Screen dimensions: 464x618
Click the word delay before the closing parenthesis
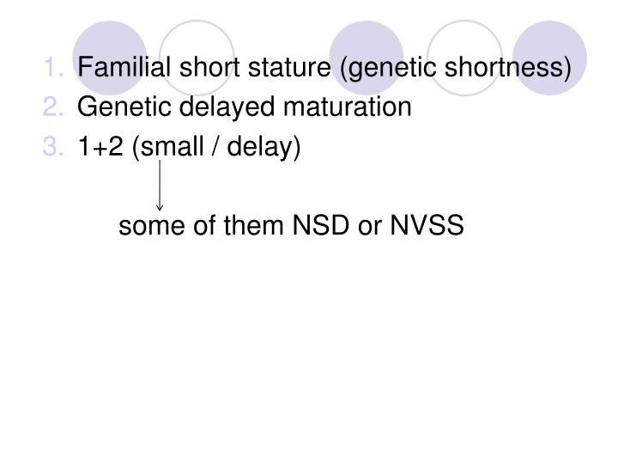click(264, 148)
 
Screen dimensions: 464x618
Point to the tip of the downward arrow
click(160, 209)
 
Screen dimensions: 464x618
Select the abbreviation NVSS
click(427, 227)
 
